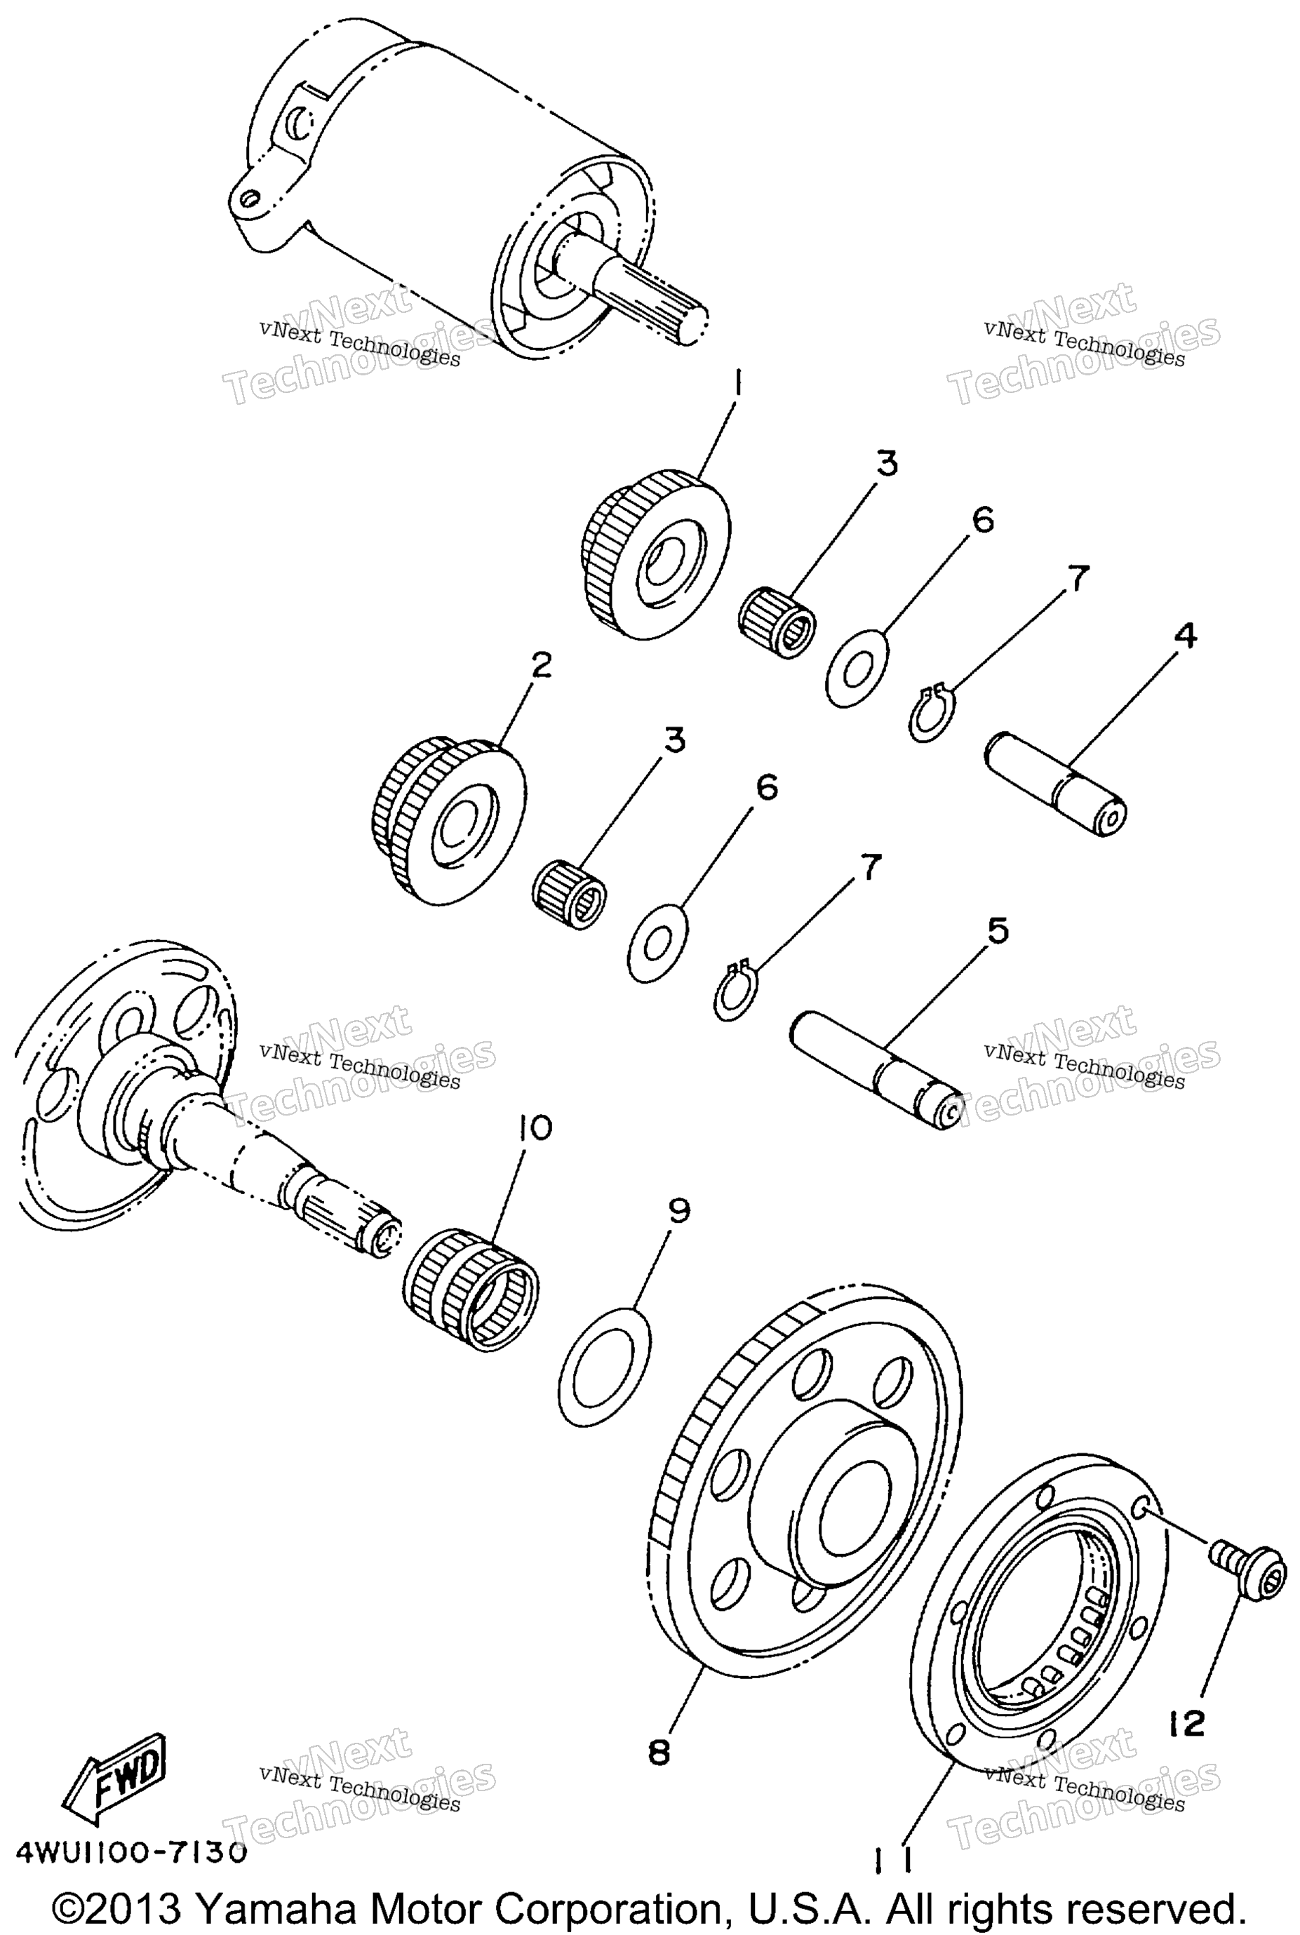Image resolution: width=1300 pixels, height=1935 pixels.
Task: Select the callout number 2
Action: [541, 664]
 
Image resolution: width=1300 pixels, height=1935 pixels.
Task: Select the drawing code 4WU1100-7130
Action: [131, 1853]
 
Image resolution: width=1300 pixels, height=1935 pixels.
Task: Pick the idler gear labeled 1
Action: [655, 554]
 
